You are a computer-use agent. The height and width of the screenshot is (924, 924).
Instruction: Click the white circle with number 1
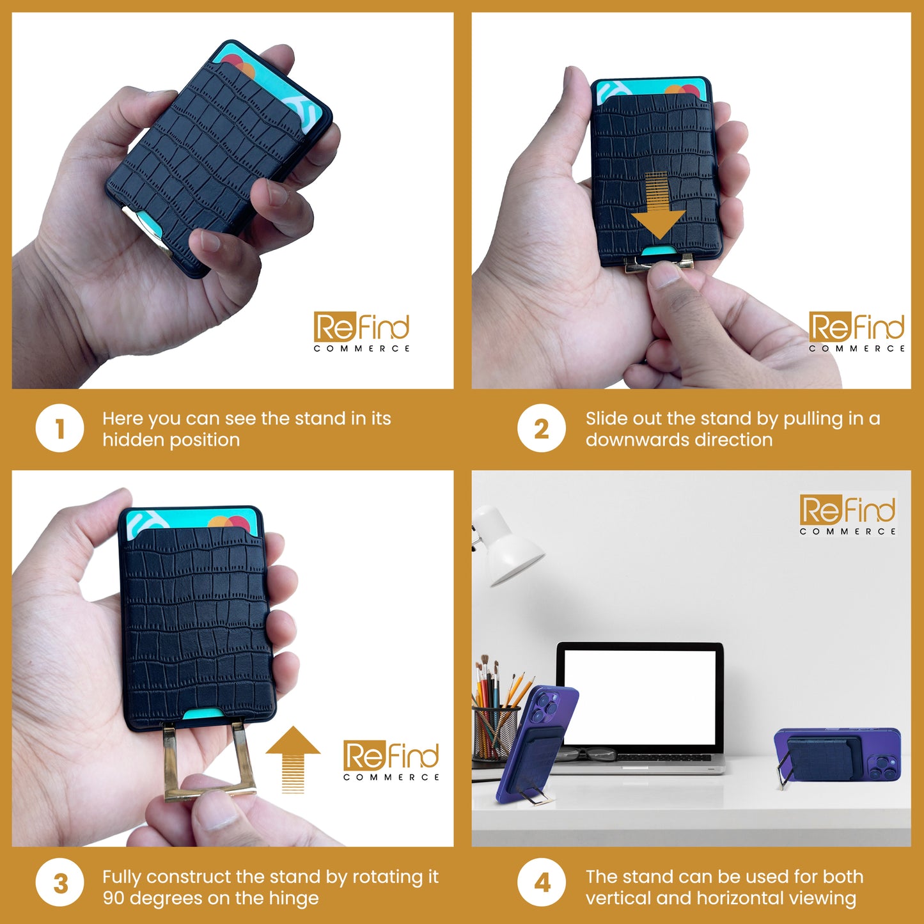pos(60,428)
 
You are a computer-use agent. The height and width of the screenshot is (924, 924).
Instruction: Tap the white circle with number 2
pos(542,428)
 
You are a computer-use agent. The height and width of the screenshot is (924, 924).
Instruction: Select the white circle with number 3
pos(60,883)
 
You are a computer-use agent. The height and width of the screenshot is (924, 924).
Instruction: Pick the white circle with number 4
pos(542,883)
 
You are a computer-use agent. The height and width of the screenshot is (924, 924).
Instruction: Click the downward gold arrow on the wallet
pos(658,206)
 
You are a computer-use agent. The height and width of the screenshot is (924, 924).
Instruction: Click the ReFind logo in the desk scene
pos(847,514)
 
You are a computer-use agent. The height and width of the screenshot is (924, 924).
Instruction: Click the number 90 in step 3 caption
pos(114,898)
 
